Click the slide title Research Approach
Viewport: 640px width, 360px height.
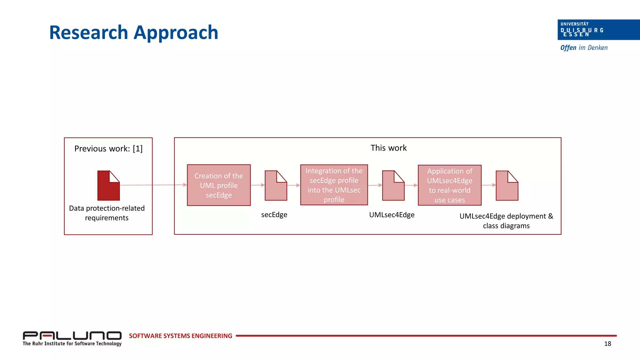(134, 32)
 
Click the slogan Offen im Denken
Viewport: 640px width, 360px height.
(584, 48)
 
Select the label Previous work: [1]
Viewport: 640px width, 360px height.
(108, 149)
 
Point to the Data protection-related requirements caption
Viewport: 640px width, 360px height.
(107, 213)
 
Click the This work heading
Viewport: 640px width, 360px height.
(388, 148)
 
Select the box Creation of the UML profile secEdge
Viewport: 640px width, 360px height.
(219, 185)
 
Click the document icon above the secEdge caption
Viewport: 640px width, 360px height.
(276, 186)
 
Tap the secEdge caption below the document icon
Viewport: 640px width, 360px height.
(274, 215)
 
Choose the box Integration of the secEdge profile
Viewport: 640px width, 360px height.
(334, 185)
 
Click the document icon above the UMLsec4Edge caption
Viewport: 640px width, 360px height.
(393, 186)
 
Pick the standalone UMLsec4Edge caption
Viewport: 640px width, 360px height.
(392, 215)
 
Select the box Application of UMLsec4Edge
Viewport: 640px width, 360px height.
(449, 185)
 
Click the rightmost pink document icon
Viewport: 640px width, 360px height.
(507, 186)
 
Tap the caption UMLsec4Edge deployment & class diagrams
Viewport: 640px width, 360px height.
(506, 221)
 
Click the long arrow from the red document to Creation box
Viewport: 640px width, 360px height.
(153, 185)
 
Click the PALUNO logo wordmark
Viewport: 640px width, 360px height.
(72, 336)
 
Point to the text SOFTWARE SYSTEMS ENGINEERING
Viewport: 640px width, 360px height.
(180, 336)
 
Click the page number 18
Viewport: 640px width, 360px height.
(607, 344)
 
